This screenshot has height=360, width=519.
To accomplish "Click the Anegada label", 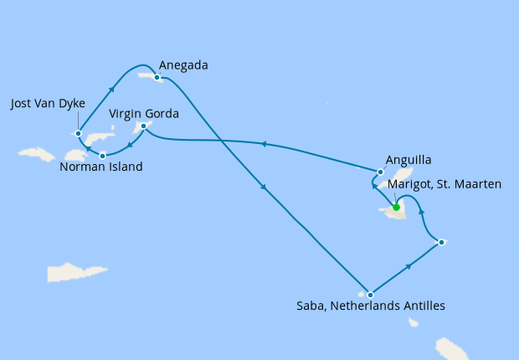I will tap(184, 65).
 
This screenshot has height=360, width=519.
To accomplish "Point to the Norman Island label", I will tap(101, 167).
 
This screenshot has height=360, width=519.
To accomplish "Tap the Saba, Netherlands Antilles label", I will tap(372, 306).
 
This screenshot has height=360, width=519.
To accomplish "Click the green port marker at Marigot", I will tap(396, 208).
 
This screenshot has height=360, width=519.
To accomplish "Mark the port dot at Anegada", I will tap(157, 77).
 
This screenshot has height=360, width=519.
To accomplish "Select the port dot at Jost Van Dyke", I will tap(78, 132).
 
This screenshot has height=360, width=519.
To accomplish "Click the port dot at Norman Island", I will tap(103, 155).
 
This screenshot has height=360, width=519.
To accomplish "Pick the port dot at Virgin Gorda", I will tap(144, 126).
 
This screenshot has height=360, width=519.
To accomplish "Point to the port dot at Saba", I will tap(370, 295).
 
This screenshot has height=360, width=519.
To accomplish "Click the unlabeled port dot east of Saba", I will tap(441, 243).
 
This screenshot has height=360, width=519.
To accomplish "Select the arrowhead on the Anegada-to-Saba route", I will tap(264, 188).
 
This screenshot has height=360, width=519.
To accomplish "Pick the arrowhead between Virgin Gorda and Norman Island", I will tap(127, 145).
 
